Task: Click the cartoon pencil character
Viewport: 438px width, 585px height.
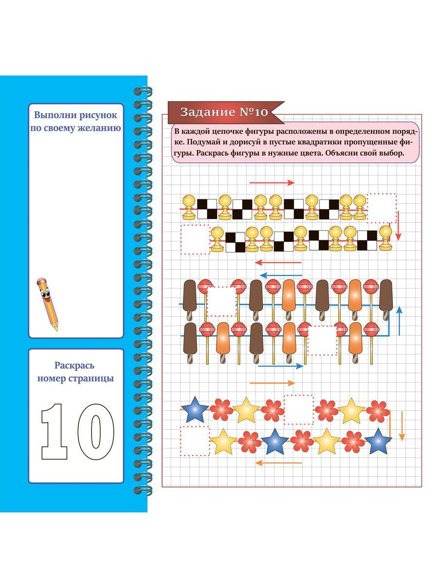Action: pyautogui.click(x=48, y=304)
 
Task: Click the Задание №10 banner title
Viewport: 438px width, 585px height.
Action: pyautogui.click(x=224, y=112)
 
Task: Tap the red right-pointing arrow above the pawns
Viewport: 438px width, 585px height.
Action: pyautogui.click(x=272, y=182)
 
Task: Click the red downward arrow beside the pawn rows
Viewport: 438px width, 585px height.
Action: pyautogui.click(x=398, y=226)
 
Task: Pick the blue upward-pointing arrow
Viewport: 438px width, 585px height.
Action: pyautogui.click(x=399, y=321)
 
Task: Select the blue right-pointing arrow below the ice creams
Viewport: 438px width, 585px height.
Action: pyautogui.click(x=280, y=366)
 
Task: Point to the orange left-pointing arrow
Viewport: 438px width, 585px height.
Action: pyautogui.click(x=278, y=463)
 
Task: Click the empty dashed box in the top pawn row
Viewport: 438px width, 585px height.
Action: pyautogui.click(x=382, y=208)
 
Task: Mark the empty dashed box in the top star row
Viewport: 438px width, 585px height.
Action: pyautogui.click(x=298, y=409)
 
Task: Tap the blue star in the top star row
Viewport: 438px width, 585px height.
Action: pyautogui.click(x=195, y=409)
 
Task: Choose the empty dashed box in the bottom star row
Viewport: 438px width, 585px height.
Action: pyautogui.click(x=195, y=441)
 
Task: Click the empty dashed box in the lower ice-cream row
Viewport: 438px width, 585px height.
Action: pyautogui.click(x=322, y=340)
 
